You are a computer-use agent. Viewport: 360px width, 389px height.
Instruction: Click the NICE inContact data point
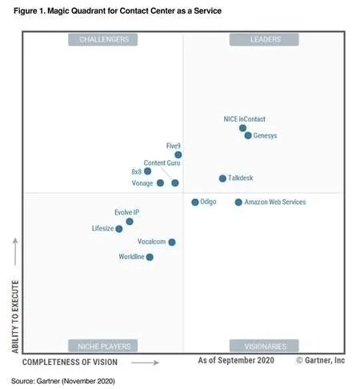[242, 128]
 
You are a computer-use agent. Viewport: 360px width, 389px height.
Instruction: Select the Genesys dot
[248, 135]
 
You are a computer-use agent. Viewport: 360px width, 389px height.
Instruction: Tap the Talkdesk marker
[222, 178]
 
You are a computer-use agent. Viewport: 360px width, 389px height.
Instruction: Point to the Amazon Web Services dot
[238, 203]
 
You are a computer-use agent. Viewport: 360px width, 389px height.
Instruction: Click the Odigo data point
[195, 203]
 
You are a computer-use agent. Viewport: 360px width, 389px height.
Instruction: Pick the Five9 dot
[178, 155]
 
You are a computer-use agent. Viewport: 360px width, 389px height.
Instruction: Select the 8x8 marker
[147, 171]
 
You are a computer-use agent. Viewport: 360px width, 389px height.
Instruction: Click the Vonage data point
[160, 183]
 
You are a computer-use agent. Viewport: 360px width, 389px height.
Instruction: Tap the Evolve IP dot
[130, 222]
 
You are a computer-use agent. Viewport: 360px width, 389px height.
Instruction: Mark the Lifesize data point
[119, 229]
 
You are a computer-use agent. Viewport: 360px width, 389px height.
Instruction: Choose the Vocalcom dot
[172, 242]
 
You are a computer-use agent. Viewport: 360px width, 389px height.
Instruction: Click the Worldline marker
[150, 257]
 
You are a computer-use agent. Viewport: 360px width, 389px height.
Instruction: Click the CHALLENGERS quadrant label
[103, 39]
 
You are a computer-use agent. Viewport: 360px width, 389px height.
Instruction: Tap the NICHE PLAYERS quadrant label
[103, 346]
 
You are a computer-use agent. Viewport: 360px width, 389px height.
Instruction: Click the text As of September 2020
[236, 361]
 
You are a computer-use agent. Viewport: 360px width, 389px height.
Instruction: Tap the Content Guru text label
[162, 163]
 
